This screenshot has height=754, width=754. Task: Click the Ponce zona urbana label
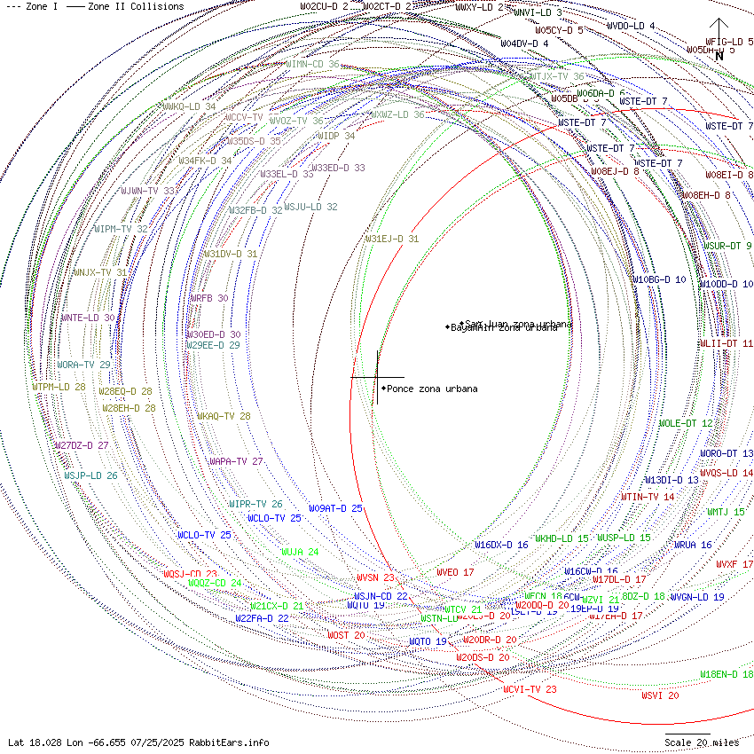pyautogui.click(x=432, y=389)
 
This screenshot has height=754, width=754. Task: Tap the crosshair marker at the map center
pyautogui.click(x=377, y=377)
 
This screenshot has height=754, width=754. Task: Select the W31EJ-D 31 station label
pyautogui.click(x=392, y=239)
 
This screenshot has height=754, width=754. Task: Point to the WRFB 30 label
pyautogui.click(x=208, y=299)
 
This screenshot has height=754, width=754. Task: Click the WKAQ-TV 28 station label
pyautogui.click(x=224, y=416)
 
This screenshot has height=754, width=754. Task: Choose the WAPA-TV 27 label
pyautogui.click(x=236, y=461)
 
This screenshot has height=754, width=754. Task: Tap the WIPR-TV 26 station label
pyautogui.click(x=255, y=504)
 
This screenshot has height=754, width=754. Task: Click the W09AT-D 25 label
pyautogui.click(x=335, y=508)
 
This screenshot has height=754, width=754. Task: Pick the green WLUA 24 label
pyautogui.click(x=300, y=552)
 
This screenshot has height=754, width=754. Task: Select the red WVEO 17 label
pyautogui.click(x=455, y=572)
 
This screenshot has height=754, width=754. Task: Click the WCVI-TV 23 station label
pyautogui.click(x=530, y=689)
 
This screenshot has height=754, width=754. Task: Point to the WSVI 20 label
pyautogui.click(x=660, y=695)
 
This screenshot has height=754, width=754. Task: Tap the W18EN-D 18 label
pyautogui.click(x=727, y=674)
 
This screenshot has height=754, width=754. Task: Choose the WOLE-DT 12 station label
pyautogui.click(x=685, y=423)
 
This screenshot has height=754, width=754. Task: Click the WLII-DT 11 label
pyautogui.click(x=726, y=343)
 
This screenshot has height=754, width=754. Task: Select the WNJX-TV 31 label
pyautogui.click(x=99, y=272)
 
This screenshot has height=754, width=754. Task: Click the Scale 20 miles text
pyautogui.click(x=701, y=742)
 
